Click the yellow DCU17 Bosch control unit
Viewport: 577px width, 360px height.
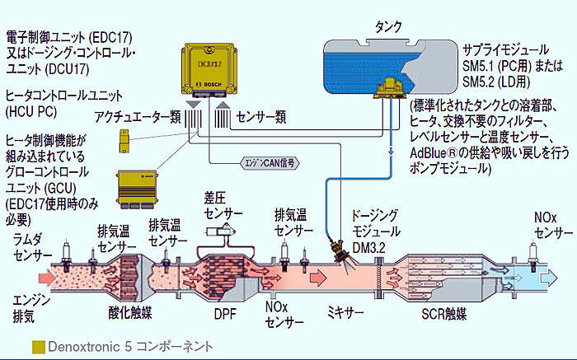point(209,71)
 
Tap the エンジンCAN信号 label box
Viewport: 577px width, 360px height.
point(269,163)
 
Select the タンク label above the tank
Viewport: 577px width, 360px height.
point(388,27)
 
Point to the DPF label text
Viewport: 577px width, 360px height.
point(225,315)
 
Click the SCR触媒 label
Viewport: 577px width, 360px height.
point(444,314)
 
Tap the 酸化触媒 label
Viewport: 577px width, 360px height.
point(130,313)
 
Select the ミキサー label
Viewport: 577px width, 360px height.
point(345,313)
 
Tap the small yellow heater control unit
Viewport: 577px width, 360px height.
point(124,141)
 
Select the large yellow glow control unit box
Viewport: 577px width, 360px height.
point(137,189)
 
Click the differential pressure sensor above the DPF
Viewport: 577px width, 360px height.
point(221,231)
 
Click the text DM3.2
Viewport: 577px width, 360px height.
point(369,248)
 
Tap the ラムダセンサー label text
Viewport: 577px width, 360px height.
point(32,247)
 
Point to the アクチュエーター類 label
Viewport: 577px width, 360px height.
point(138,117)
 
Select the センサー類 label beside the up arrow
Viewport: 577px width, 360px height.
point(261,117)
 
